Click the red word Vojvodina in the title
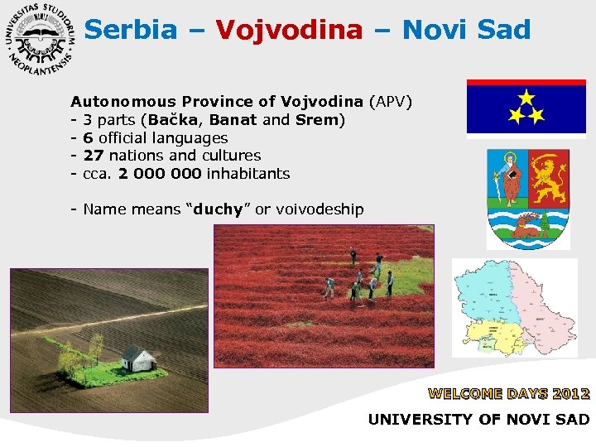point(289,30)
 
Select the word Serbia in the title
point(131,30)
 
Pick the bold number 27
point(94,156)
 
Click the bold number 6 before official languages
point(89,138)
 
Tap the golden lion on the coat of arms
point(549,177)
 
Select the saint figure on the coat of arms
point(507,177)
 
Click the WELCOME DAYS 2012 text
point(508,394)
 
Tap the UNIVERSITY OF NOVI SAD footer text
point(478,420)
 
